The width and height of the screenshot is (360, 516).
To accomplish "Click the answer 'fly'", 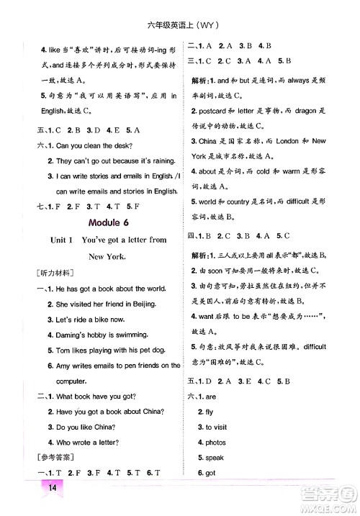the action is (x=210, y=412).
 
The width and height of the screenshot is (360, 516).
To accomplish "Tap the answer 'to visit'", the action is (x=217, y=427).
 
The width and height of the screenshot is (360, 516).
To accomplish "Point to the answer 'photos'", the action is (x=217, y=443).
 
